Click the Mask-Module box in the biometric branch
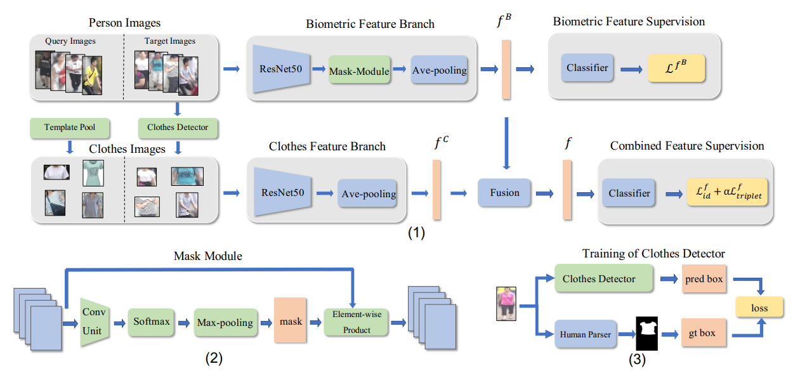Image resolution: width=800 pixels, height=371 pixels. [358, 71]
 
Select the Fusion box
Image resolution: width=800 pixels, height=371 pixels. [505, 192]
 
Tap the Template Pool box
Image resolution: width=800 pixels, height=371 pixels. [70, 127]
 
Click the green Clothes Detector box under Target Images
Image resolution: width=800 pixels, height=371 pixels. [178, 127]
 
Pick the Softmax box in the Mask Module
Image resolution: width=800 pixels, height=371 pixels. [152, 322]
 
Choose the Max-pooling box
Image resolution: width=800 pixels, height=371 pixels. [224, 322]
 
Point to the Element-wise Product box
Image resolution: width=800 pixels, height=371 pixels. [356, 322]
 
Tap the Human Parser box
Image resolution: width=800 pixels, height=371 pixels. [586, 334]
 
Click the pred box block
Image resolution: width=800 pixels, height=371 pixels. [704, 280]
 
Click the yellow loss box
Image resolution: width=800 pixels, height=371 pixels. [759, 308]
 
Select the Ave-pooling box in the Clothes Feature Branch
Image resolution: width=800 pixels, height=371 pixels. [367, 194]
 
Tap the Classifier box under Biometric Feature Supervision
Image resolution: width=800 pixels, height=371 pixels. [587, 68]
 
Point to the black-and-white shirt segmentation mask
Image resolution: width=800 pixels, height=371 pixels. [648, 333]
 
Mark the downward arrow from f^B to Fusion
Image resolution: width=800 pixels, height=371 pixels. [506, 143]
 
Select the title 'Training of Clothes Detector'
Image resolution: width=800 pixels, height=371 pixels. [653, 254]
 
